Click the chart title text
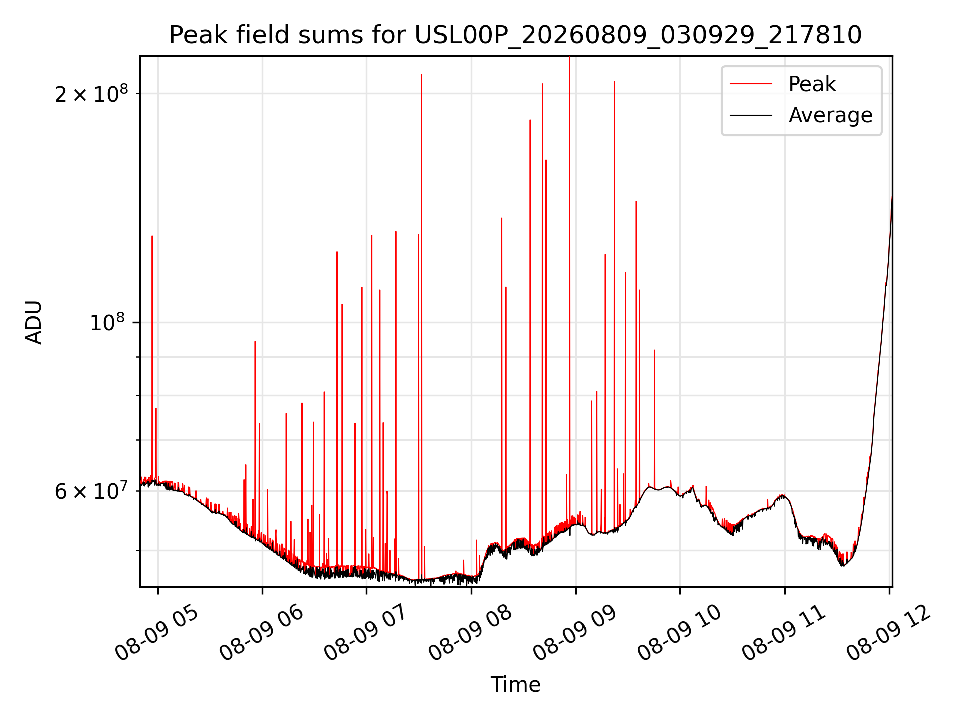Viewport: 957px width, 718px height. coord(515,35)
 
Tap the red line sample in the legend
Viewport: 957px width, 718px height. coord(751,84)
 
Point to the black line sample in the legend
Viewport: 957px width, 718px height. coord(751,115)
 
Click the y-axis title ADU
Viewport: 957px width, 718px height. coord(34,322)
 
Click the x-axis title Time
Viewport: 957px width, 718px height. coord(515,684)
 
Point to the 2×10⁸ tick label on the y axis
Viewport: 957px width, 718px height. coord(91,93)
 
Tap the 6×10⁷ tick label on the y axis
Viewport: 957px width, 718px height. coord(91,491)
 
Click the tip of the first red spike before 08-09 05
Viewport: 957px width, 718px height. coord(152,236)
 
